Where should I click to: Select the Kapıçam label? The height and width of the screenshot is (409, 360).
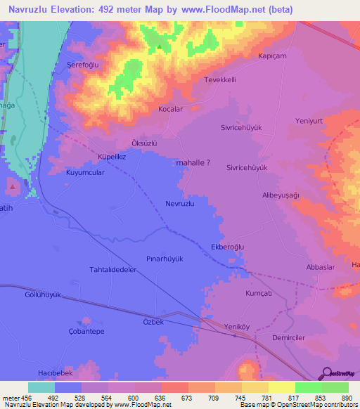pos(274,56)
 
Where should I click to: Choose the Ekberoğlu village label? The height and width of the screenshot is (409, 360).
pos(227,247)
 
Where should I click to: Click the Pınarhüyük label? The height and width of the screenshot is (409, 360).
pos(165,259)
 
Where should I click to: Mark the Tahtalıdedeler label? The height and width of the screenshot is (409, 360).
pos(112,269)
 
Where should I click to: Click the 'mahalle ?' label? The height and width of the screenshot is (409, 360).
pos(193,162)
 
